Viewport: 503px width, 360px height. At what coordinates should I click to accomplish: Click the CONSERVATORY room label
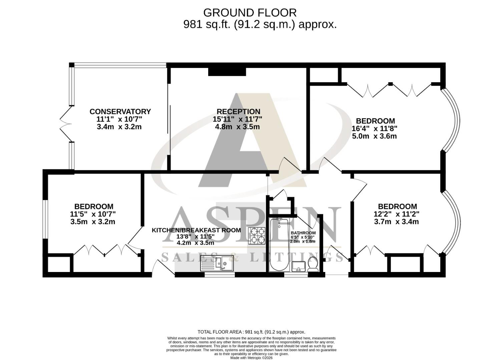120,112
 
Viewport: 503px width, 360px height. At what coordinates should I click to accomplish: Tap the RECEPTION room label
238,112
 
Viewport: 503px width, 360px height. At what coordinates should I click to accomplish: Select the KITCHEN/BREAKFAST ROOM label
196,230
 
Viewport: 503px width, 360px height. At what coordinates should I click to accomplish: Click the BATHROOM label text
303,233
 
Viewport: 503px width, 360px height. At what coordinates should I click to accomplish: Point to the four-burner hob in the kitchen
257,236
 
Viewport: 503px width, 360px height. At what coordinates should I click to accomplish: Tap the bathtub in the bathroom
279,245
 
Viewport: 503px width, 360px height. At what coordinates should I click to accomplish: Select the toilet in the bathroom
313,263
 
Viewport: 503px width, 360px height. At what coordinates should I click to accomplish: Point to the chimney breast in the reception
227,72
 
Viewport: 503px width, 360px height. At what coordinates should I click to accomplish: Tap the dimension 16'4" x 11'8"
374,129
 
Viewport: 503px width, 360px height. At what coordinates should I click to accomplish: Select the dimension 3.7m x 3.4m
397,222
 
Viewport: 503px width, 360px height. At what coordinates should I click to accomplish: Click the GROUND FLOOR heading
249,13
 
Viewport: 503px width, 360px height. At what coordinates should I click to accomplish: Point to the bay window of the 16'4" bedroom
452,120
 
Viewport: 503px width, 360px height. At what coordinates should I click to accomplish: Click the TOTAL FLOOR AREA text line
251,332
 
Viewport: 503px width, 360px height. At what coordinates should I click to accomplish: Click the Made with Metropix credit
251,358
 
